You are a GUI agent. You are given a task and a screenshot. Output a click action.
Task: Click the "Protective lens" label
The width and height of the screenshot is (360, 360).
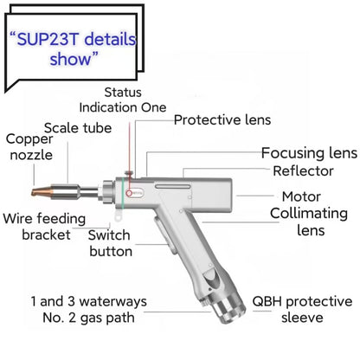(222, 119)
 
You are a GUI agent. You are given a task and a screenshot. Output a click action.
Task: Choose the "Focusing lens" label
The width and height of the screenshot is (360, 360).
(307, 153)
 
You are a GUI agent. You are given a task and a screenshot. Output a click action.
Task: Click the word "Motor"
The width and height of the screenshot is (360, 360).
(301, 196)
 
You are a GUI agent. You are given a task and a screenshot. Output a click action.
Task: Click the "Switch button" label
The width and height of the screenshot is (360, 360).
(112, 243)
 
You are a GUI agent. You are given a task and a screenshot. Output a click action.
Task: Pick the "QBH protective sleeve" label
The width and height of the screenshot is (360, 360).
(302, 310)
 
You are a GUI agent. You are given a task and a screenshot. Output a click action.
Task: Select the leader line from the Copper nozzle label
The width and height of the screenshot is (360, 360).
(49, 164)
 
